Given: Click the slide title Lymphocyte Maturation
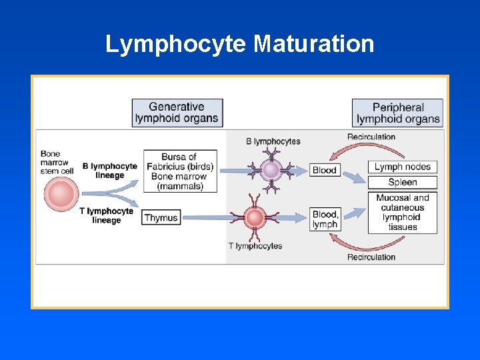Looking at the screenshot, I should (x=239, y=44).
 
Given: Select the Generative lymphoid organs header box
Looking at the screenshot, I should (x=177, y=113).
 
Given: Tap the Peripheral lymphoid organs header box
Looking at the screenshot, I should (x=398, y=113).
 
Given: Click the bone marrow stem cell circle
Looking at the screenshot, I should (x=61, y=195).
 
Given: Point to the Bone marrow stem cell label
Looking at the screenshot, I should (x=56, y=162).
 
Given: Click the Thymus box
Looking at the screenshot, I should (x=161, y=217).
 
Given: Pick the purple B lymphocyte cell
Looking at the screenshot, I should (x=271, y=170).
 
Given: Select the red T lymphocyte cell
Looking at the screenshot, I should (x=254, y=217).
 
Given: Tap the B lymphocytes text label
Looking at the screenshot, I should (x=273, y=141).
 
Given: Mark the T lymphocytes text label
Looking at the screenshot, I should (x=255, y=246).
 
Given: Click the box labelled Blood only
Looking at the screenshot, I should (x=325, y=170).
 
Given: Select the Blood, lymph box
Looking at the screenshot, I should (x=325, y=219).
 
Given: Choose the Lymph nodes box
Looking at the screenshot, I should (x=402, y=167).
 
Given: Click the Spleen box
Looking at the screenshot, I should (x=402, y=182).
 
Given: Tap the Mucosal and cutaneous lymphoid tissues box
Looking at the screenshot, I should (x=402, y=212).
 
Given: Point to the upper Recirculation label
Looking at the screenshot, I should (x=371, y=137).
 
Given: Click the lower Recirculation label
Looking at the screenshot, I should (x=371, y=257).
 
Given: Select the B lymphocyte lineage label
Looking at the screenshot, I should (x=110, y=171).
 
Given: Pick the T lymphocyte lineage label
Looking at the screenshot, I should (x=107, y=215).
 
